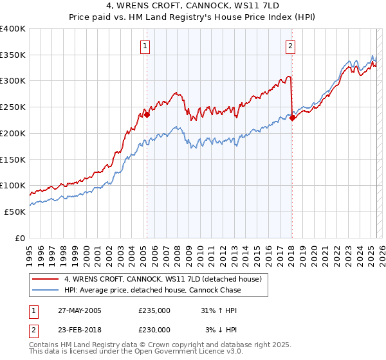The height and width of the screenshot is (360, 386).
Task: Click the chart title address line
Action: [193, 6]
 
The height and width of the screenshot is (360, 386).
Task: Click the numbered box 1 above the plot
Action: [146, 46]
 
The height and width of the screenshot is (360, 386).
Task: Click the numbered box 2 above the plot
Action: [291, 46]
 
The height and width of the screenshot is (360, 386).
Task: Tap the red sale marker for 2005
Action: [147, 115]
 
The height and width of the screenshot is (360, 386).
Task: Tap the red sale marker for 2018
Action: [292, 118]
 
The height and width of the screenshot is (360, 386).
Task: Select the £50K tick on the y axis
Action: [15, 212]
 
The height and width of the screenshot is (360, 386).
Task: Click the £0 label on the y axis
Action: [20, 238]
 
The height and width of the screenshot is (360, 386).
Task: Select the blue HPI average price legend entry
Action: [152, 290]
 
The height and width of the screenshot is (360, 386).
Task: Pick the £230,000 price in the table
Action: [154, 330]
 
